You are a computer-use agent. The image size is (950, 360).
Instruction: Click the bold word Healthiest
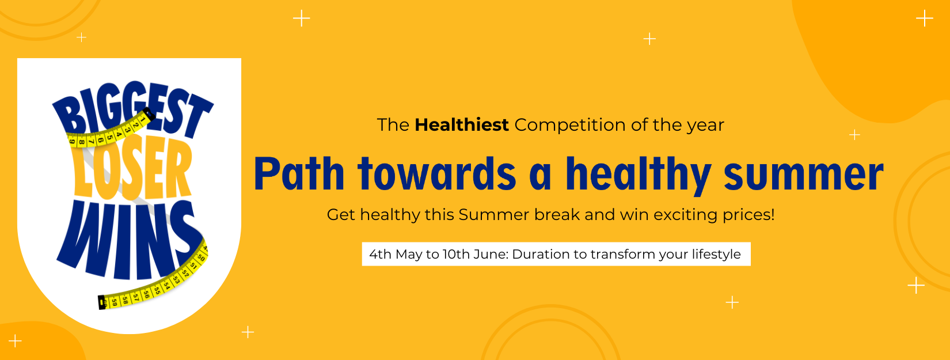click(x=461, y=125)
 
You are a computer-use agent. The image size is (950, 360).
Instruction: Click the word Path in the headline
click(x=299, y=173)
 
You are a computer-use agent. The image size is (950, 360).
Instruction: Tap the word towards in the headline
click(x=437, y=173)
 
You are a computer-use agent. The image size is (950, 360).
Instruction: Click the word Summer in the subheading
click(x=493, y=215)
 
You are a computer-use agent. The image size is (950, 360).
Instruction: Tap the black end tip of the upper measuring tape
click(x=149, y=113)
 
